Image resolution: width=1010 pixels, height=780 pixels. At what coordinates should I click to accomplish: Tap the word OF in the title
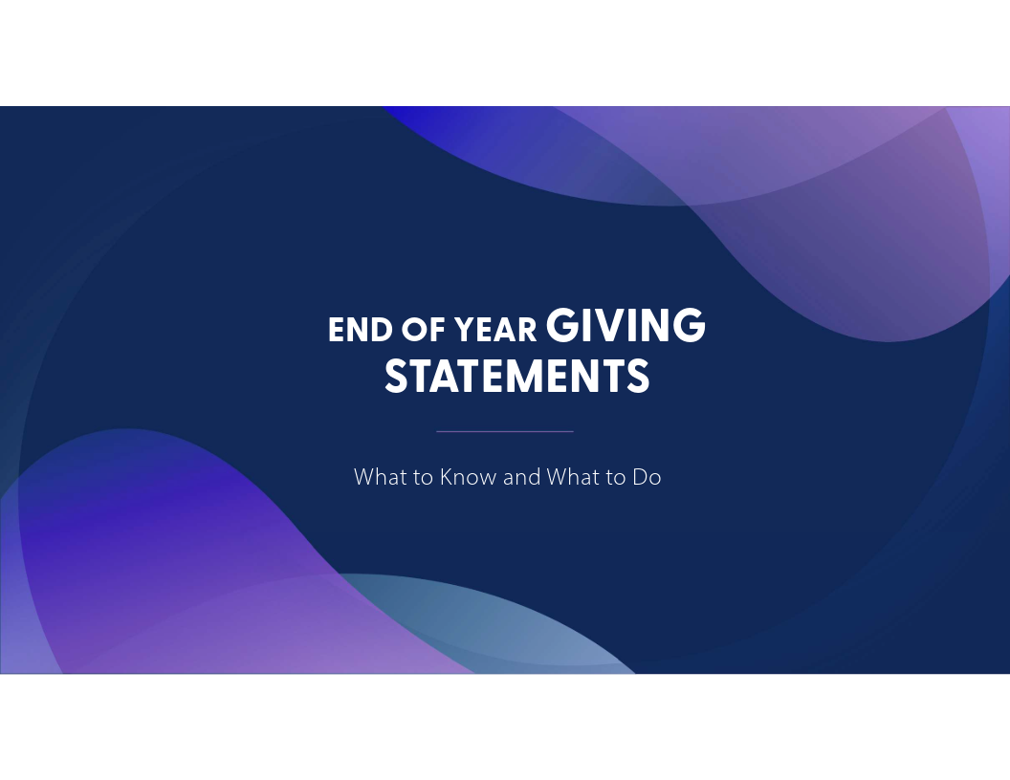point(423,330)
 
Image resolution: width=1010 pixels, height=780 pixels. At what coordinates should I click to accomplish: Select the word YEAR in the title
point(495,330)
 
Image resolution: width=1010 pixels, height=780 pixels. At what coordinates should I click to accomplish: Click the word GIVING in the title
point(626,325)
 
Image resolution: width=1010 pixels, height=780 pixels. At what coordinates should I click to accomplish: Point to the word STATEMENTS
point(516,376)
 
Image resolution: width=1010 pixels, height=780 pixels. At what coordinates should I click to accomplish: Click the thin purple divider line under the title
point(505,431)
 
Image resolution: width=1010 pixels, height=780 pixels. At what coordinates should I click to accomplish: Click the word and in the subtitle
point(522,477)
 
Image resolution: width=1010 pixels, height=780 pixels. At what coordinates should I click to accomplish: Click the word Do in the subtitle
point(647,477)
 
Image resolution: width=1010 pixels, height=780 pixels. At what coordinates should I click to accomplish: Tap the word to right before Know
point(423,478)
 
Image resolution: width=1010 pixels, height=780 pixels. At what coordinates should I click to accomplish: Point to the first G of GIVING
point(561,326)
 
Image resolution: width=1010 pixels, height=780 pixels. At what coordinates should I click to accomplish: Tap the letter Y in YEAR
point(465,330)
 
